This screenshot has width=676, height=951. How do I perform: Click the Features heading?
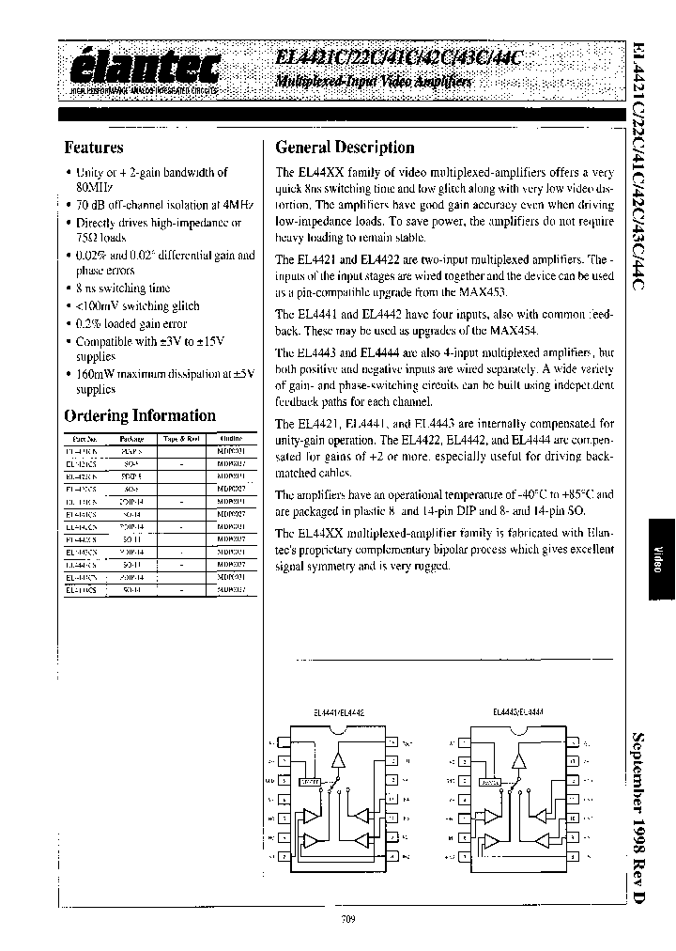tap(94, 148)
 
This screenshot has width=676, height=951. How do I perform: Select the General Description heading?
tap(345, 148)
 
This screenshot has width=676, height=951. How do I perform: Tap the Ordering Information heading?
tap(139, 415)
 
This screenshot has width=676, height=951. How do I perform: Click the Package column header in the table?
tap(132, 439)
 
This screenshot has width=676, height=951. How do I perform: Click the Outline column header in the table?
tap(230, 439)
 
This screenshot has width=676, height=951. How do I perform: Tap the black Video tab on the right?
tap(656, 560)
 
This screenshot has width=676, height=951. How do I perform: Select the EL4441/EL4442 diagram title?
tap(338, 712)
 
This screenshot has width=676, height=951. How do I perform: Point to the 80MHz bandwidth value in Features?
tap(90, 187)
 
